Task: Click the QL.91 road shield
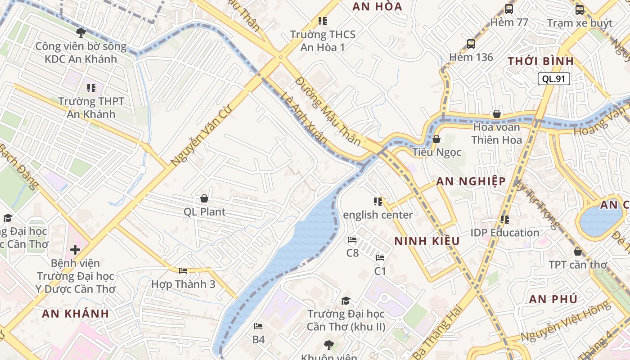coord(553,79)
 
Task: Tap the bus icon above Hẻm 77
coord(509,9)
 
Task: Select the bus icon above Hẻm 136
coord(471,44)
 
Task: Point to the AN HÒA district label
coord(377,7)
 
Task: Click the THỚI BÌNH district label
coord(540,61)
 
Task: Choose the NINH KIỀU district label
coord(427,241)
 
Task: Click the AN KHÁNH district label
coord(76,314)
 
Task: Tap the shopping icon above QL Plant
coord(204,198)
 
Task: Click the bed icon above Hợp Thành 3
coord(183,271)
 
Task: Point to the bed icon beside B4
coord(258,326)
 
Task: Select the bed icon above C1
coord(380,258)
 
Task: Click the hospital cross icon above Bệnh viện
coord(75,249)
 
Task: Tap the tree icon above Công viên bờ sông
coord(81,32)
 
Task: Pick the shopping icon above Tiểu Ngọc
coord(436,139)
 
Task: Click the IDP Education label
coord(505,233)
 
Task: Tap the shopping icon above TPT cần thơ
coord(578,252)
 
